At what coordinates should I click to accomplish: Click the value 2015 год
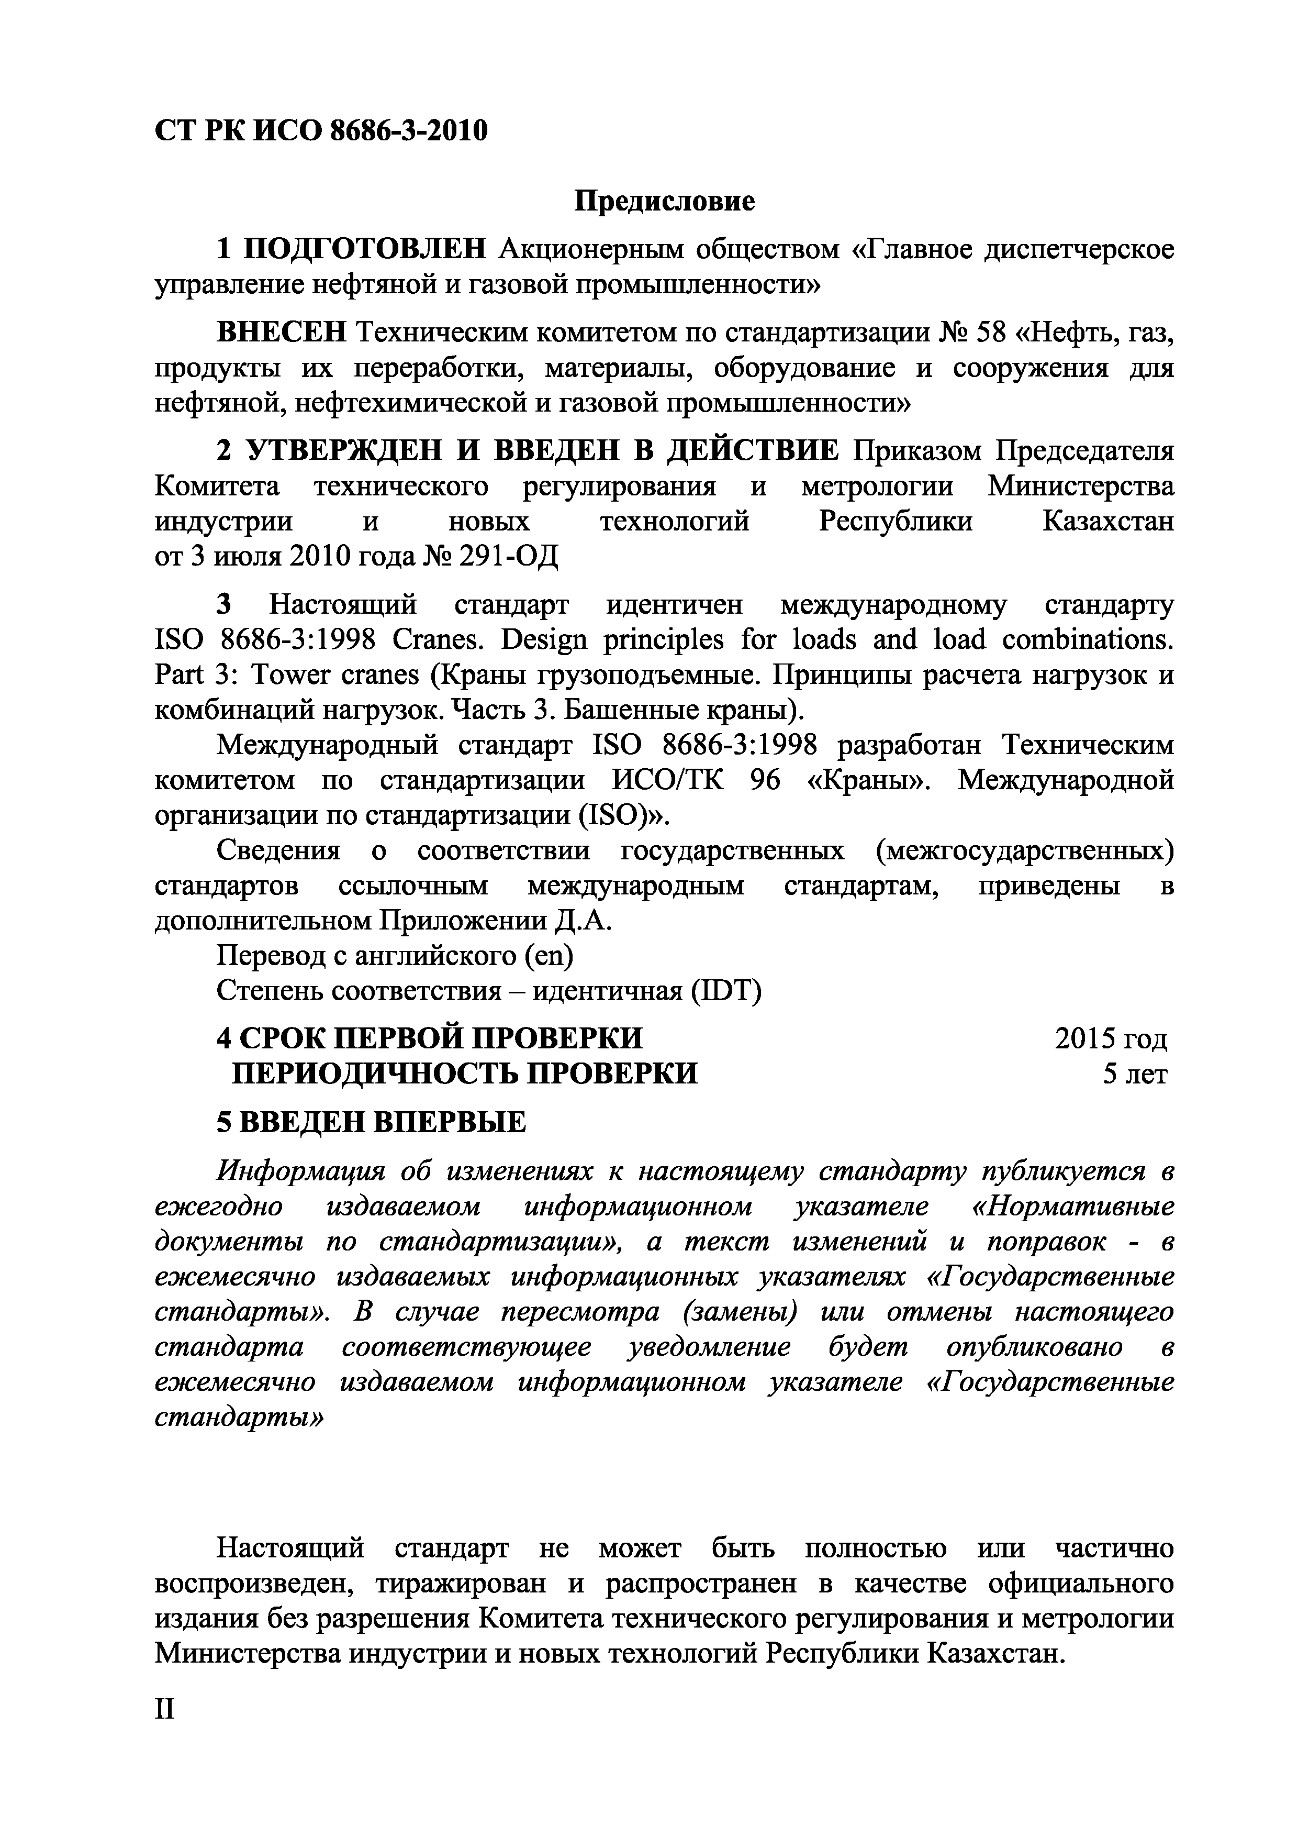[1111, 1038]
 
